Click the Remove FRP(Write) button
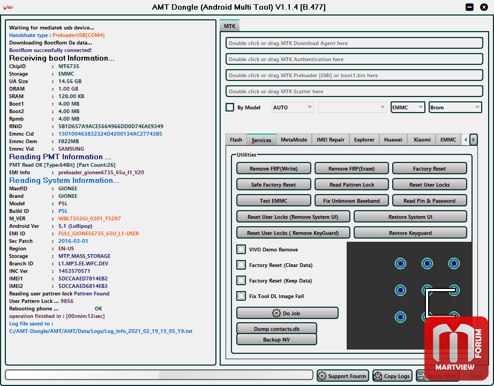pos(273,168)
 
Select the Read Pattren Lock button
pos(351,184)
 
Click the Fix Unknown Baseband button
pos(351,201)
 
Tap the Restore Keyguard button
pos(410,233)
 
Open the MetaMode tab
pos(294,140)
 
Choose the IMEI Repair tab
pos(331,140)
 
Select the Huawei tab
pos(393,140)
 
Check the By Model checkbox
pos(230,107)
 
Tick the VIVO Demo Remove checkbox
pos(241,249)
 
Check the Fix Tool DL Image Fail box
pos(241,296)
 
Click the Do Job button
pos(287,313)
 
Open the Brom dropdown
pos(455,107)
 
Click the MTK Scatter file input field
pos(354,91)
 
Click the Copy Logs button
pos(392,376)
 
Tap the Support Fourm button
pos(343,376)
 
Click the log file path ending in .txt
pos(101,331)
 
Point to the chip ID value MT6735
pos(69,66)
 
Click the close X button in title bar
pos(484,7)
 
